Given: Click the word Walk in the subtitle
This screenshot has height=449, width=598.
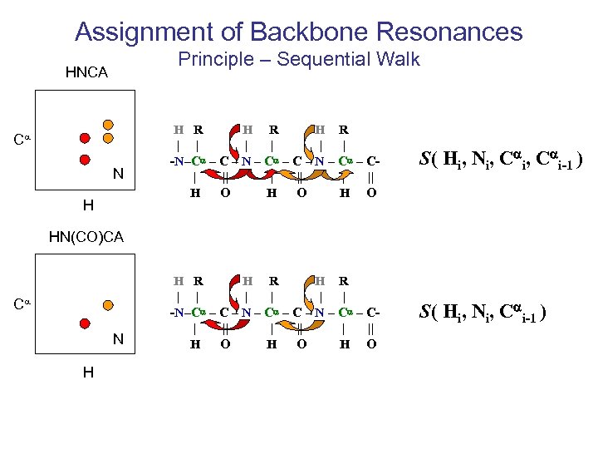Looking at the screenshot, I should click(x=399, y=59).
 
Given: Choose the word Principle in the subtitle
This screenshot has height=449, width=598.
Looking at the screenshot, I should click(x=219, y=59).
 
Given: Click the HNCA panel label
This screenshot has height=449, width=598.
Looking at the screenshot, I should click(x=86, y=73).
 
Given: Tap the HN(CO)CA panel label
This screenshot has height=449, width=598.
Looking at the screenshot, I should click(x=86, y=237).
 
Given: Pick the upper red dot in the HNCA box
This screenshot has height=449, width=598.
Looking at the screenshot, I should click(x=84, y=137).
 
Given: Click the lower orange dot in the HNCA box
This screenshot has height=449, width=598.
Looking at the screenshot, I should click(x=107, y=140).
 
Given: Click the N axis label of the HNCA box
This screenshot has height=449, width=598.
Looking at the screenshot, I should click(x=118, y=175).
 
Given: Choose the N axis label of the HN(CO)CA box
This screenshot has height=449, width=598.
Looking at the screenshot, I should click(x=118, y=338).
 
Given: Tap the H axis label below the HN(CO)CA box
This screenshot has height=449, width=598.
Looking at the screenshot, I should click(x=87, y=372).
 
